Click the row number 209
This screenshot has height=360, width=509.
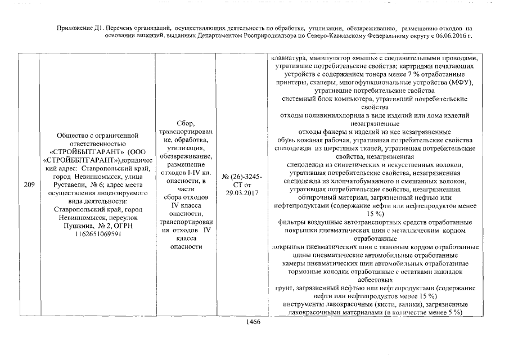coord(28,184)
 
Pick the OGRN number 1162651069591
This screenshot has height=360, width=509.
coord(94,233)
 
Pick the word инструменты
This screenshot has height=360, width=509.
coord(304,304)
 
